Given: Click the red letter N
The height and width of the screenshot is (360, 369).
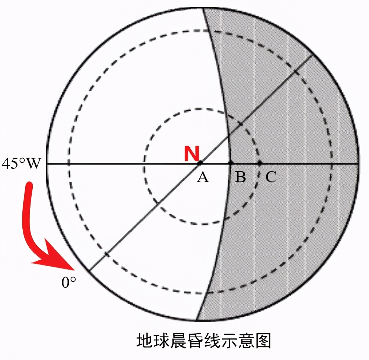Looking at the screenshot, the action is coord(192,154).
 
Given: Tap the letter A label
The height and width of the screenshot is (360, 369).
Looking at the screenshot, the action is coord(203,177).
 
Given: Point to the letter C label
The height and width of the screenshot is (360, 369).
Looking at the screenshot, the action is coord(271,177).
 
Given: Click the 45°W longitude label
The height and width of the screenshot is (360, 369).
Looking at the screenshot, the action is coord(22,163).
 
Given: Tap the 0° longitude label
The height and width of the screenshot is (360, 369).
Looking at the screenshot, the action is coord(69,282).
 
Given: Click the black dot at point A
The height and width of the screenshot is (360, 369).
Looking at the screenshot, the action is coord(200,163).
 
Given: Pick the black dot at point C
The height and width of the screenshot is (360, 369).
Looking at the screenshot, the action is coord(260,163).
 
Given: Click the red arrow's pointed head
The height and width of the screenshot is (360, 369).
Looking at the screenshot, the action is coord(73,269).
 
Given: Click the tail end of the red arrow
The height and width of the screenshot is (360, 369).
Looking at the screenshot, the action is coord(29,185).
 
